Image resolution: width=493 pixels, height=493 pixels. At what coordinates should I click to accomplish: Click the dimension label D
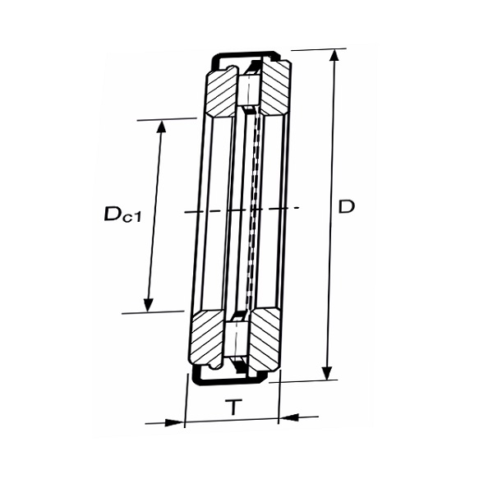coord(346,206)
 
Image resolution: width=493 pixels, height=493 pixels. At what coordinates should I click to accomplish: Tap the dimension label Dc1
coord(122,214)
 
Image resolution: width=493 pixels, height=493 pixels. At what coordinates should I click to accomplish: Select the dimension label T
coord(233,407)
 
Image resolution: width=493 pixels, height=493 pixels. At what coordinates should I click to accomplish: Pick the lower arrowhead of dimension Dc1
coord(149,304)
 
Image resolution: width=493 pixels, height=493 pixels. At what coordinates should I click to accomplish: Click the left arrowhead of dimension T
coord(175,423)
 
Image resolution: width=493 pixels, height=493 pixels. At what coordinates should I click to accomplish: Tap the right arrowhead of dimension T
coord(288,417)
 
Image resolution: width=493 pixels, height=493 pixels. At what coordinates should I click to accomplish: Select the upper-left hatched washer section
coord(221,94)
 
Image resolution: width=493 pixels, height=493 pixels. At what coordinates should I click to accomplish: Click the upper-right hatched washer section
coord(274,89)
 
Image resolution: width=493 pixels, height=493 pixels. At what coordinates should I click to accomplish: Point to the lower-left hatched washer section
coord(208,338)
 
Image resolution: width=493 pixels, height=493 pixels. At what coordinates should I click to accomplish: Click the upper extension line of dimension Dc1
coord(167,119)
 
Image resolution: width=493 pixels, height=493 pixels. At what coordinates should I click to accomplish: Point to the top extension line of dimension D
coord(319,49)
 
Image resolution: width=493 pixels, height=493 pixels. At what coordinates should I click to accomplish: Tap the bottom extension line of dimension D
coord(303,381)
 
